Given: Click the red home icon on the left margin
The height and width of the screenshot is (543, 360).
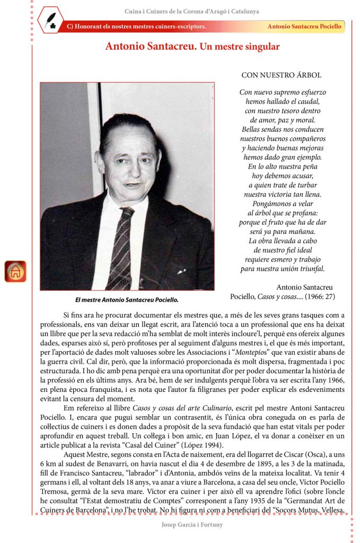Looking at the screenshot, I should (15, 271).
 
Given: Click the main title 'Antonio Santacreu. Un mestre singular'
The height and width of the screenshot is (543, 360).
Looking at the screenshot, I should (192, 47).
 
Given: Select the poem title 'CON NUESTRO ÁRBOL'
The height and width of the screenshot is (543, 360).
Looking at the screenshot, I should (281, 75).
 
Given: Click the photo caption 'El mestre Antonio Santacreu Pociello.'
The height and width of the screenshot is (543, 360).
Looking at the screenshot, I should (127, 300).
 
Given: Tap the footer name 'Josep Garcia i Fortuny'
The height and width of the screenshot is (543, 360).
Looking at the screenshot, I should (192, 525).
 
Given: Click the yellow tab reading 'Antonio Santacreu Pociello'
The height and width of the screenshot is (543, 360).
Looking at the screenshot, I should (304, 27).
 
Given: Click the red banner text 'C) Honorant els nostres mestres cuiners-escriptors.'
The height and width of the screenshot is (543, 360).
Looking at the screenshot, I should (137, 27).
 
